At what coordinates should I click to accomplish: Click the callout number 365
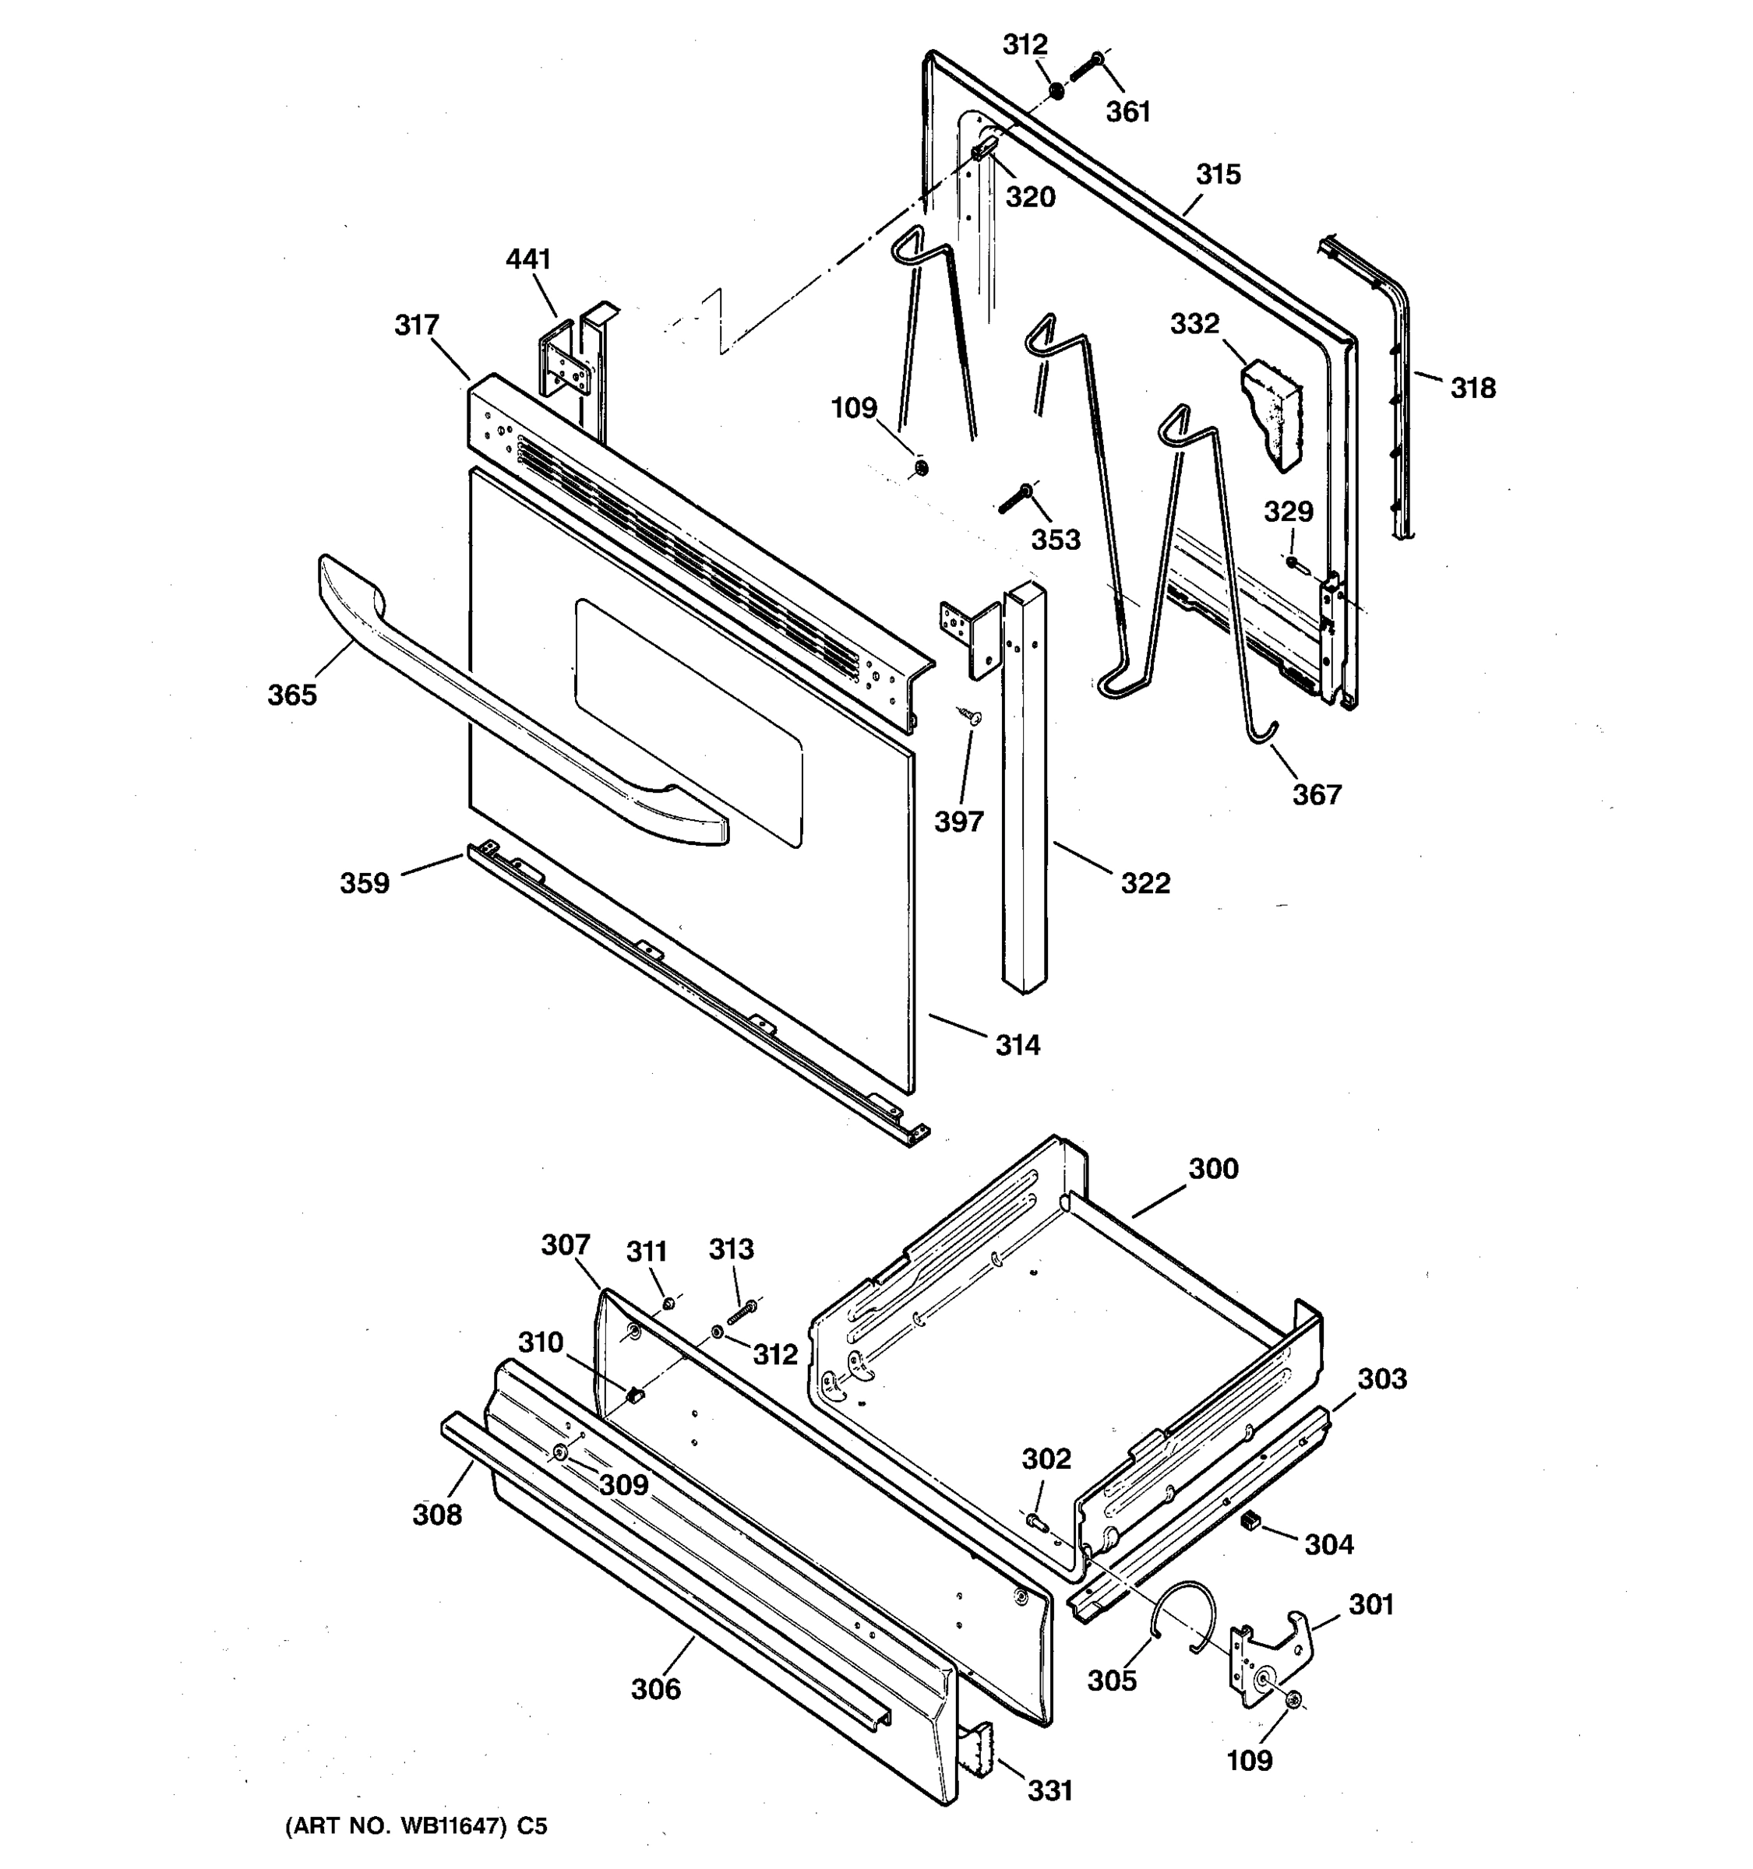292,695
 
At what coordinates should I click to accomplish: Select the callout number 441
527,259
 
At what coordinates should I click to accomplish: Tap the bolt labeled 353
1014,499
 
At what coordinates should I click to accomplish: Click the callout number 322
1145,883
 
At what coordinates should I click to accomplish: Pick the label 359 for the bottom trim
364,883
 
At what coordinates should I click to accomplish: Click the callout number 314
1018,1044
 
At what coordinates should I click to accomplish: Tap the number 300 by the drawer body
1213,1169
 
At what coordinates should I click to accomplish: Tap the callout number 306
655,1689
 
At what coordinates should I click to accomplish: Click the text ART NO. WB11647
404,1827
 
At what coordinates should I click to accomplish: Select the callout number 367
1316,794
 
